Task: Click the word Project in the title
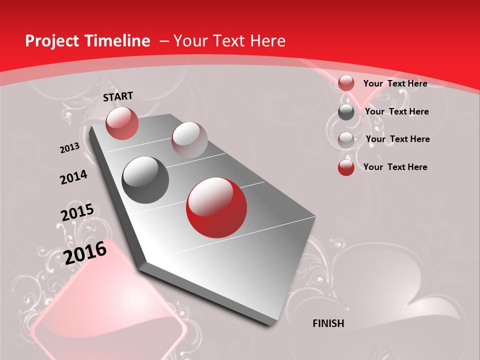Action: point(52,41)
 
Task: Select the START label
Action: point(118,96)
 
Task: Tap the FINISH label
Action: point(328,323)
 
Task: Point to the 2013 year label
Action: point(70,148)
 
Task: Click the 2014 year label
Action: point(74,177)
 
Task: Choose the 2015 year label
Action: point(77,212)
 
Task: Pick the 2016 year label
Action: point(85,252)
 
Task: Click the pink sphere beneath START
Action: point(122,123)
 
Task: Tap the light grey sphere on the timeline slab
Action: point(189,140)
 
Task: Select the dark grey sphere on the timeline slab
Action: point(145,180)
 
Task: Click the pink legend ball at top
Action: point(346,83)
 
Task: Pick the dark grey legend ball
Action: point(346,112)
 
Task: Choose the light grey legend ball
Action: point(346,139)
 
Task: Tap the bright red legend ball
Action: point(346,167)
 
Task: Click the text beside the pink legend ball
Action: point(395,83)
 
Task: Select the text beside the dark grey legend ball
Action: point(396,111)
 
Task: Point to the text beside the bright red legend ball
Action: point(395,167)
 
